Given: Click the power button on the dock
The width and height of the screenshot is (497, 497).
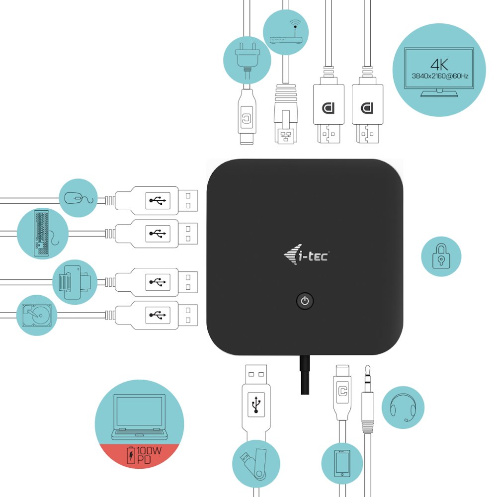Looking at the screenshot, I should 305,301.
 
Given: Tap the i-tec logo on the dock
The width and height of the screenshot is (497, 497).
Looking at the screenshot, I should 305,256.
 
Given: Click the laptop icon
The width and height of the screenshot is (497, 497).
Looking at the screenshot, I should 139,417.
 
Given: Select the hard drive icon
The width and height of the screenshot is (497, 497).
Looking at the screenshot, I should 37,315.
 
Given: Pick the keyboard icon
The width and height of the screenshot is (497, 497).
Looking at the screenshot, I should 43,234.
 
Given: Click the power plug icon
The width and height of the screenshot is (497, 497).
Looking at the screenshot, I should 247,60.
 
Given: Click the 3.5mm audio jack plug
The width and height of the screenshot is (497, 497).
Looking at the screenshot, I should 368,398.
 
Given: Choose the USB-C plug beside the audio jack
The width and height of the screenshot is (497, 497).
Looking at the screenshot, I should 341,393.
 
